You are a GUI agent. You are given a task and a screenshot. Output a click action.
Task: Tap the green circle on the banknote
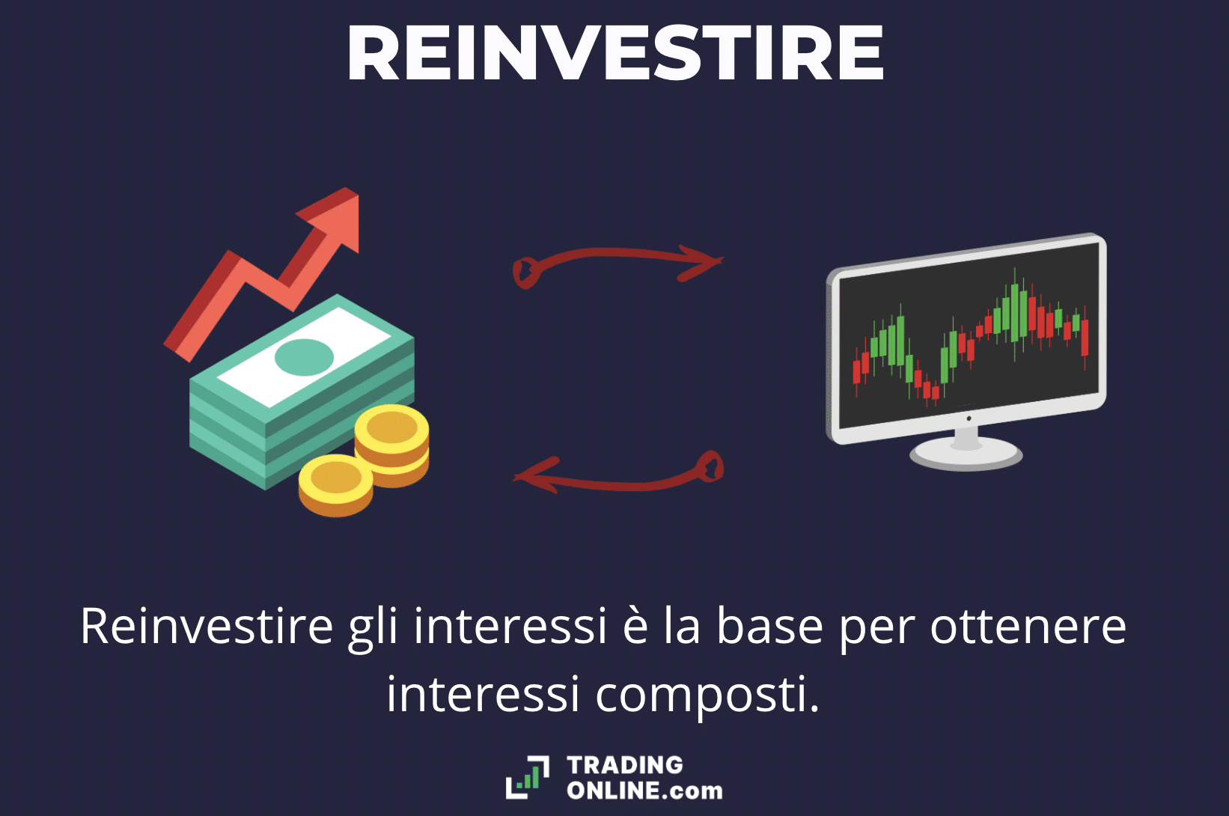click(x=304, y=357)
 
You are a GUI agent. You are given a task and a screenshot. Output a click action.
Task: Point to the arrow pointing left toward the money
click(x=617, y=475)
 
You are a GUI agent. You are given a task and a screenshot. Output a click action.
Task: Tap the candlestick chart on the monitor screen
click(x=970, y=338)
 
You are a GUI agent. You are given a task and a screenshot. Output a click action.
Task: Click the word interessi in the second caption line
click(x=483, y=695)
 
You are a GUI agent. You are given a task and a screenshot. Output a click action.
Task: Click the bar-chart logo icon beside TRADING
click(x=528, y=777)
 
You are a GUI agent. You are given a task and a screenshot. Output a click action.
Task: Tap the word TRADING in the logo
click(x=625, y=764)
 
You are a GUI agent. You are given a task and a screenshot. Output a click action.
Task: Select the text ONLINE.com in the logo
click(x=644, y=791)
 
